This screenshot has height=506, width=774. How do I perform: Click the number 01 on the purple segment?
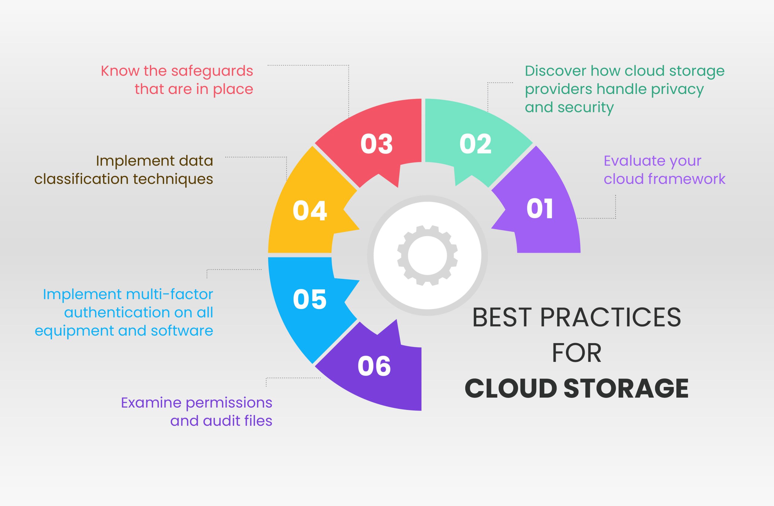point(539,209)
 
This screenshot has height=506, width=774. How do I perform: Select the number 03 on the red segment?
point(377,144)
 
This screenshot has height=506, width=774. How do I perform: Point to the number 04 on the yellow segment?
point(310,211)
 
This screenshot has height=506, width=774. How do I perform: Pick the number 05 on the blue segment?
point(310,299)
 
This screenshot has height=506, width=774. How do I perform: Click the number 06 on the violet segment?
point(374,366)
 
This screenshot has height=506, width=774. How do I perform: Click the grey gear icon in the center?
point(427,256)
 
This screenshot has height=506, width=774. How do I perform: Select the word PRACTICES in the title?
point(610,317)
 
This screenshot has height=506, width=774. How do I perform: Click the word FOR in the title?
point(577,353)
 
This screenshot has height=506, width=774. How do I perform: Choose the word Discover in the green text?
point(555,71)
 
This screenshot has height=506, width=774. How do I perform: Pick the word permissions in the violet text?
point(229,403)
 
